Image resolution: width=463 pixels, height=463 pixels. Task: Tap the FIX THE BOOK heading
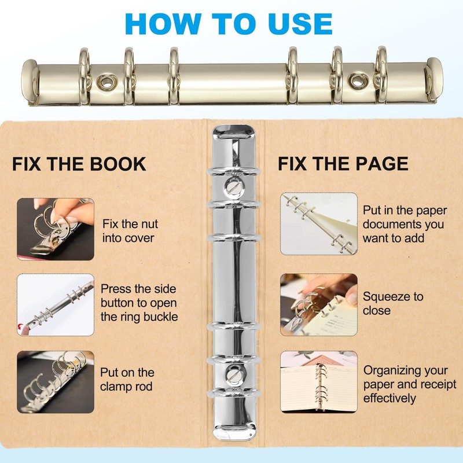coord(79,164)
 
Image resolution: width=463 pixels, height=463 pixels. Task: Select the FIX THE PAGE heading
coord(343,164)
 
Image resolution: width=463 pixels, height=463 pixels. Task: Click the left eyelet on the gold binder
coord(105,82)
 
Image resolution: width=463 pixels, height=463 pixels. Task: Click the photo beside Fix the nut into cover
coord(55,228)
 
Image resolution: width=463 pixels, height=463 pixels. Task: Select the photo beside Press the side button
coord(55,304)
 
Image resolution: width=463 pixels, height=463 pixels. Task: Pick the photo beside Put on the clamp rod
coord(55,381)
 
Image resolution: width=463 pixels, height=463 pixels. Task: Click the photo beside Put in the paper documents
coord(319,224)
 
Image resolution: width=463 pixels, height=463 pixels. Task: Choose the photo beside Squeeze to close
coord(319,304)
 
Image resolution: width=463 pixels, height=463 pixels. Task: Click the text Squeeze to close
coord(393,303)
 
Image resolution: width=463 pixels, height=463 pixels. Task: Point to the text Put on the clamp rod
coord(127,380)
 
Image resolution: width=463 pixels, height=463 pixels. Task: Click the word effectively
coord(389,399)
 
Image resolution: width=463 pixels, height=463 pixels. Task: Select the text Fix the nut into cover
coord(130,230)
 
